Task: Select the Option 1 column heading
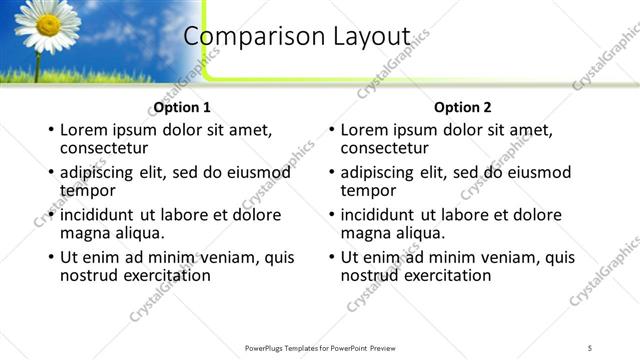click(182, 107)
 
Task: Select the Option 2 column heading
click(463, 107)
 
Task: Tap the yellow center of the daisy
click(47, 22)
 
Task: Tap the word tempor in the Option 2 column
click(368, 190)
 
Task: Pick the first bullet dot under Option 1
click(50, 130)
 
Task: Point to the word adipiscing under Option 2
click(381, 172)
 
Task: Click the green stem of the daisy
click(38, 65)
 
